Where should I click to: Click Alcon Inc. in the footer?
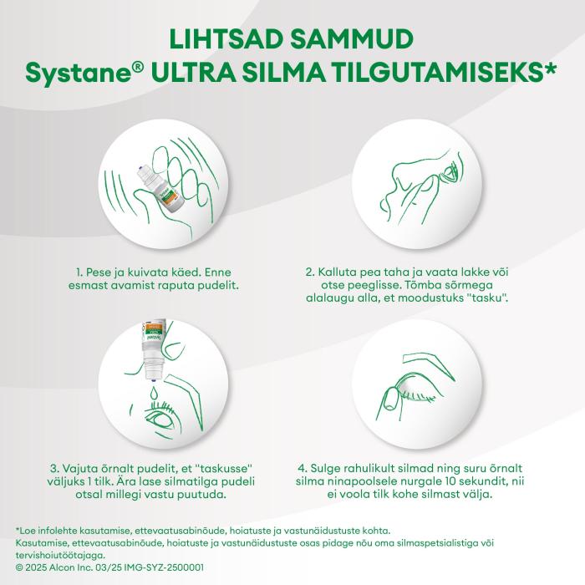68,567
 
